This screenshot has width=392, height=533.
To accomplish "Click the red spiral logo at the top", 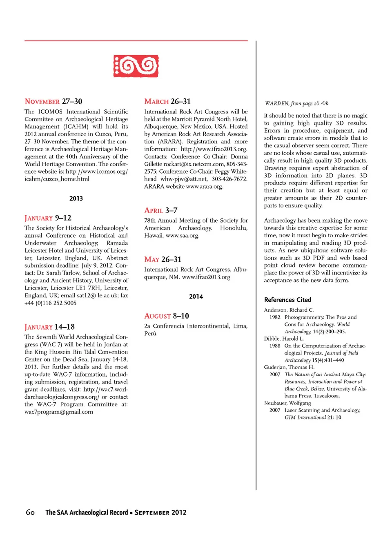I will point(136,66).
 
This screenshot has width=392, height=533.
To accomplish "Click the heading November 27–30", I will point(53,101).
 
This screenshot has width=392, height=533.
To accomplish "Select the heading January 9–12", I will point(48,218).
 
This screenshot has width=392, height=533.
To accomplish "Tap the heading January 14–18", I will point(49,327).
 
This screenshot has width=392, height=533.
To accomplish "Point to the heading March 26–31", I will point(167,101).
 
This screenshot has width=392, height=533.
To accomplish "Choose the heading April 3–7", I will point(161,210).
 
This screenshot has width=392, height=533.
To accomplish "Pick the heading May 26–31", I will point(163,259).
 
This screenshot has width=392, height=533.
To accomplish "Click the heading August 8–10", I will point(167,316).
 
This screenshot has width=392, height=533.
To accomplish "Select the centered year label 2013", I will point(76,198).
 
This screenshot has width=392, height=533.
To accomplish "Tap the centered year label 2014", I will point(196,297).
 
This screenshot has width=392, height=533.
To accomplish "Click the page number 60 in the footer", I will point(30,512).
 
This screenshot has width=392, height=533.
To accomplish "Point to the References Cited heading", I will point(287,300).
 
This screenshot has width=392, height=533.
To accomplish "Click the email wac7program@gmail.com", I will point(59,412).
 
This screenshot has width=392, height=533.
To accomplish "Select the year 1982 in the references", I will point(275,317).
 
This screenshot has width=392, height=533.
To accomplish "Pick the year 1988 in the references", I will point(275,346).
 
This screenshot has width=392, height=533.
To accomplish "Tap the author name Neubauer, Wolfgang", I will point(287,403).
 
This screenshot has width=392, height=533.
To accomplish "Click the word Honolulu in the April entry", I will point(234,228).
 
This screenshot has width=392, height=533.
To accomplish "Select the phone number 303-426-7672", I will point(229,179).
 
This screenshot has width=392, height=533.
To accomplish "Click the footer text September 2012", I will point(160,512).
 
